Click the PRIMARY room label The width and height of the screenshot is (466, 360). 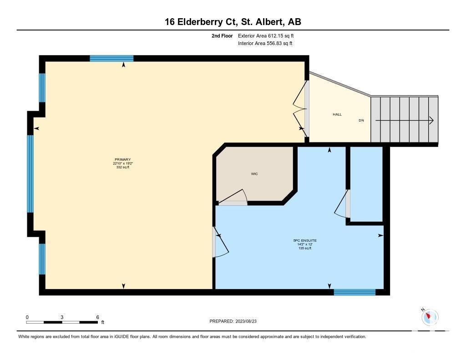(123, 160)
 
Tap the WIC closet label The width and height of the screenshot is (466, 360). (254, 174)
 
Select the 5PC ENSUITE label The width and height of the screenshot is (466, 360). (305, 240)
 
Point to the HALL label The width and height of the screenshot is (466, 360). (337, 114)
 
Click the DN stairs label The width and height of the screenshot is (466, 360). (361, 121)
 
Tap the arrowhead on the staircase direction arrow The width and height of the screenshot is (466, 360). (431, 121)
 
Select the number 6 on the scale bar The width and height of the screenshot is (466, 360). (97, 317)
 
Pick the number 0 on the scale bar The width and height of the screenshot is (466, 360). (27, 317)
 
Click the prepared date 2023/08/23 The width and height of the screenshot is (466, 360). (246, 321)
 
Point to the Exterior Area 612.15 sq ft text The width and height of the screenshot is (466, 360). (266, 35)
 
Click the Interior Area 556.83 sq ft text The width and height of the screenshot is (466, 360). (265, 43)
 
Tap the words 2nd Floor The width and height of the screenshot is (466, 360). (222, 35)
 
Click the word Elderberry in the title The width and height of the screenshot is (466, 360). (199, 22)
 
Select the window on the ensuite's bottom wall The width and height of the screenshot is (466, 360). (355, 292)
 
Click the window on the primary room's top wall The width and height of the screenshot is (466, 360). (111, 58)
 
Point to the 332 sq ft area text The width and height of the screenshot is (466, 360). (123, 167)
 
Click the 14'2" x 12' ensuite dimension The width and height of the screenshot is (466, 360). (305, 244)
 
